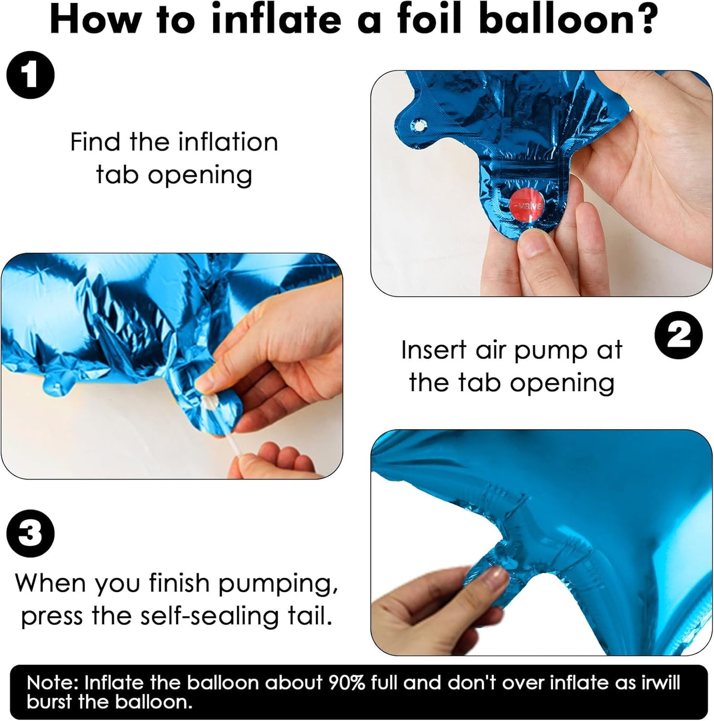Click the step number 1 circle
[x=30, y=75]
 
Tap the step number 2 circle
[x=678, y=335]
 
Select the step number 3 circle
[x=30, y=533]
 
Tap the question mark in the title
[x=642, y=19]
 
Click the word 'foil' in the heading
[x=429, y=19]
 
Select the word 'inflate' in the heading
[x=276, y=19]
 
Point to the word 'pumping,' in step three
[x=277, y=584]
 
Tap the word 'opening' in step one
[x=200, y=176]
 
